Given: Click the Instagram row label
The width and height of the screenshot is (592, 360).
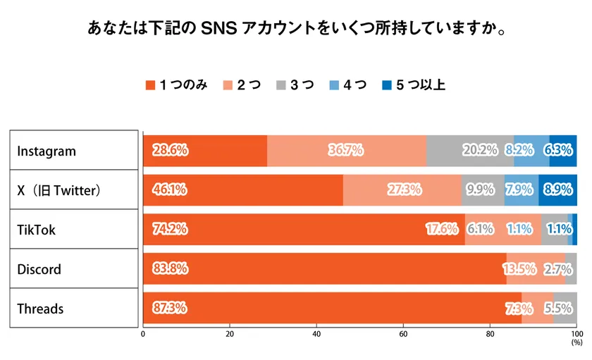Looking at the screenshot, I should (46, 151).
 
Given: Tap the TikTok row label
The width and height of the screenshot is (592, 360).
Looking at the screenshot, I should (36, 230).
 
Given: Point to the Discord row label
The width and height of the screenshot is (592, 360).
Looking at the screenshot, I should (39, 269).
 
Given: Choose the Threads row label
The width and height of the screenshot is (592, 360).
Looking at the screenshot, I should (40, 309).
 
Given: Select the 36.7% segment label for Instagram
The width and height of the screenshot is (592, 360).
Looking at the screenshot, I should (346, 150).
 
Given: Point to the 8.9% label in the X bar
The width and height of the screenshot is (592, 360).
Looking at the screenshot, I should (558, 190).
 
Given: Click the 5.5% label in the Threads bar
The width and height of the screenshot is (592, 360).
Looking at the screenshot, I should (558, 308).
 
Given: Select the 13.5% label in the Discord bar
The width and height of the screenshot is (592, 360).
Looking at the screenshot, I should (519, 268).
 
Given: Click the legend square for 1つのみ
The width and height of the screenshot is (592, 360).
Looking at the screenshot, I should (149, 85).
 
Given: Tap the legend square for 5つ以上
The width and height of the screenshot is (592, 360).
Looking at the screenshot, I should (386, 85).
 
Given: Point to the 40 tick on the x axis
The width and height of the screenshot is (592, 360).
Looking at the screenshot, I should (316, 334).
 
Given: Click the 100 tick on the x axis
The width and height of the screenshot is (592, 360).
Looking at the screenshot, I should (576, 334).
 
